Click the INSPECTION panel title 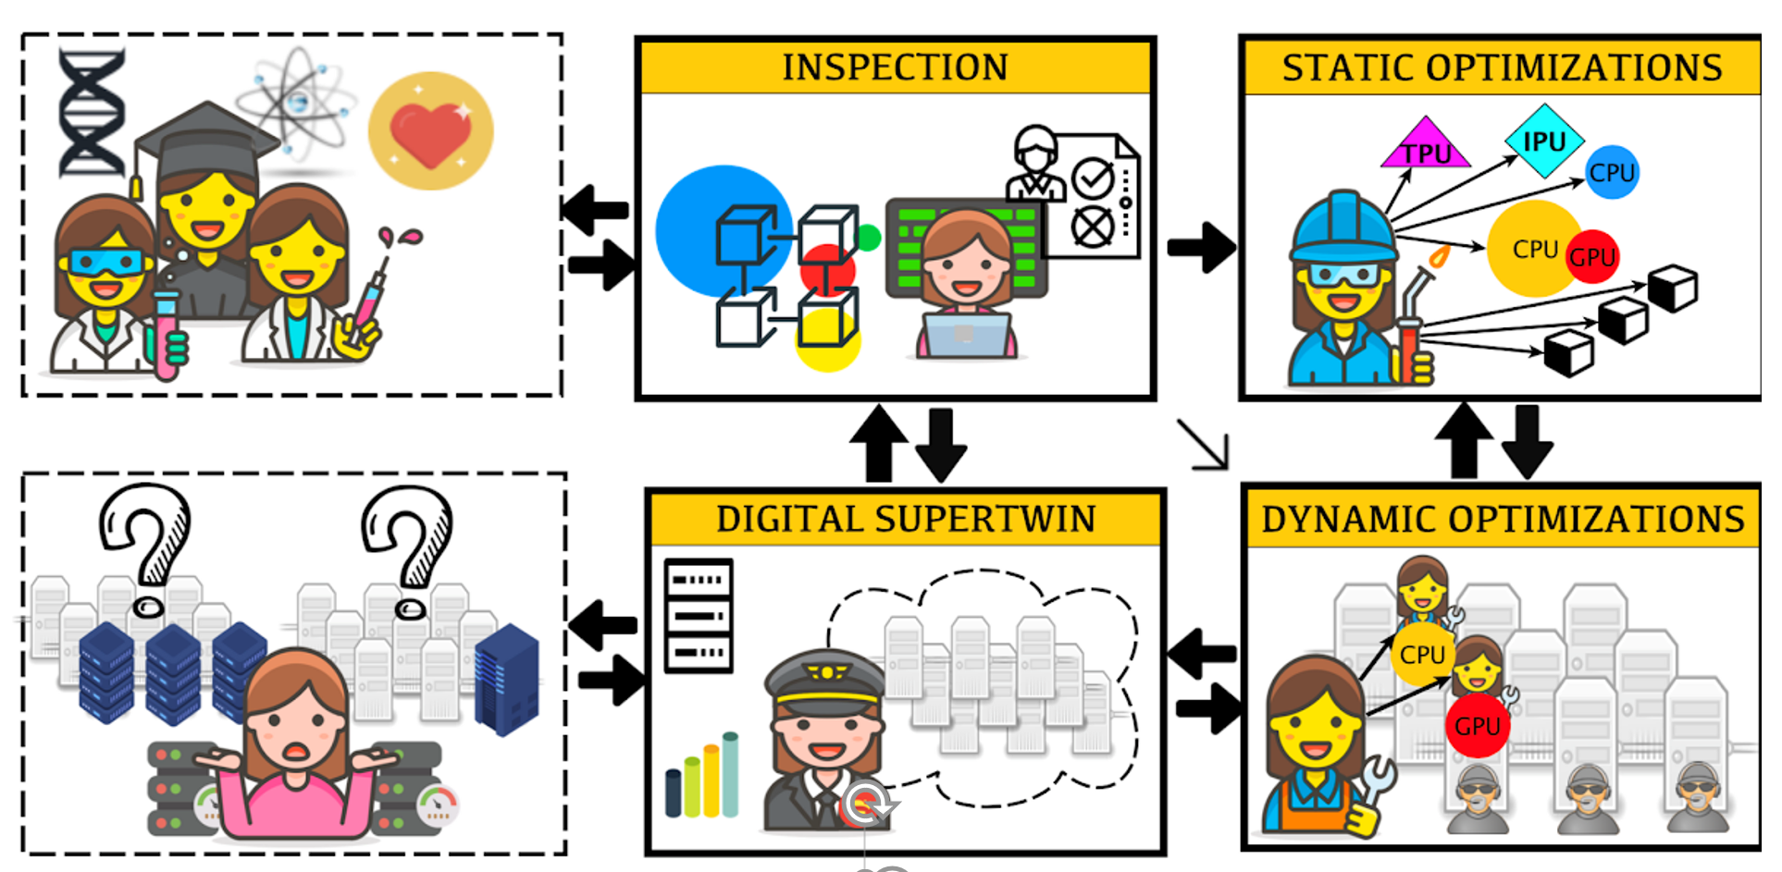tap(895, 68)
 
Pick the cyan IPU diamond tap(1544, 141)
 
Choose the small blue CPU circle tap(1612, 172)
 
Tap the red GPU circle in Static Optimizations tap(1591, 256)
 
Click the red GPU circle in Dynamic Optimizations tap(1477, 726)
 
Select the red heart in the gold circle tap(430, 132)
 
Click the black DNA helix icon tap(91, 113)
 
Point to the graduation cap tap(206, 139)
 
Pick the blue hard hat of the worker tap(1343, 227)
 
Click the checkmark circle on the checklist tap(1093, 179)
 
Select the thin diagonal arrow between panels tap(1202, 445)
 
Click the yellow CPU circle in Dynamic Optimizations tap(1421, 654)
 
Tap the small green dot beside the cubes tap(868, 238)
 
